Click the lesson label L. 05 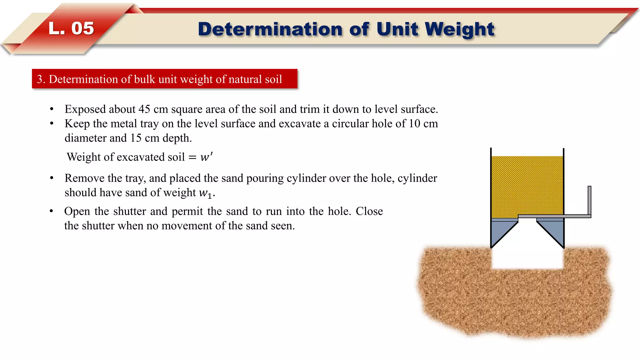pos(71,28)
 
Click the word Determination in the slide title pos(271,29)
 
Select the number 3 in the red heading pos(39,79)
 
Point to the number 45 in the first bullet pos(144,109)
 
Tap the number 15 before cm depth pos(136,138)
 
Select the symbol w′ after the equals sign pos(206,157)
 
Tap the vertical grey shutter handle pos(589,200)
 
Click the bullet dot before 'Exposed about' pos(52,109)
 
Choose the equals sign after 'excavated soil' pos(192,157)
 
